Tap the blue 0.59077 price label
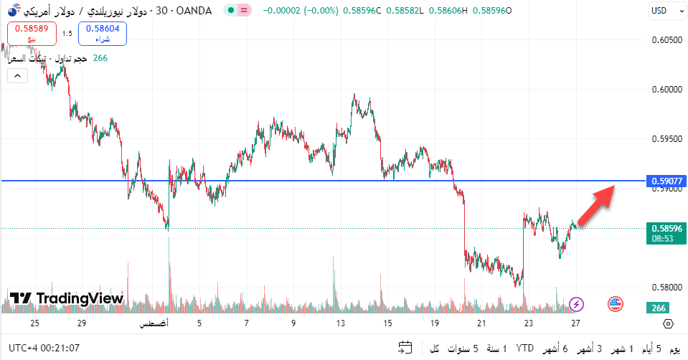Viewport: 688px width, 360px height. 666,181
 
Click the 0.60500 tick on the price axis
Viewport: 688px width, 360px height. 666,39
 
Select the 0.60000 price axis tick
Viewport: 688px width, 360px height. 666,90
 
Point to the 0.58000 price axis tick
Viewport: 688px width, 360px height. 666,287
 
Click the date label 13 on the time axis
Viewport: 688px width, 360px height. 339,323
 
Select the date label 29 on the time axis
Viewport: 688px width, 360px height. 82,323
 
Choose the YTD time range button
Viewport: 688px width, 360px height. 524,349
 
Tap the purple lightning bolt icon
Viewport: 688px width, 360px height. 575,304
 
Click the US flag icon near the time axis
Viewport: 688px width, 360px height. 615,304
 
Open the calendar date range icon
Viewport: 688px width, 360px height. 405,349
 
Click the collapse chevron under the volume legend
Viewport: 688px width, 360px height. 17,75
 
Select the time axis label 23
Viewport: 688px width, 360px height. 528,323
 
